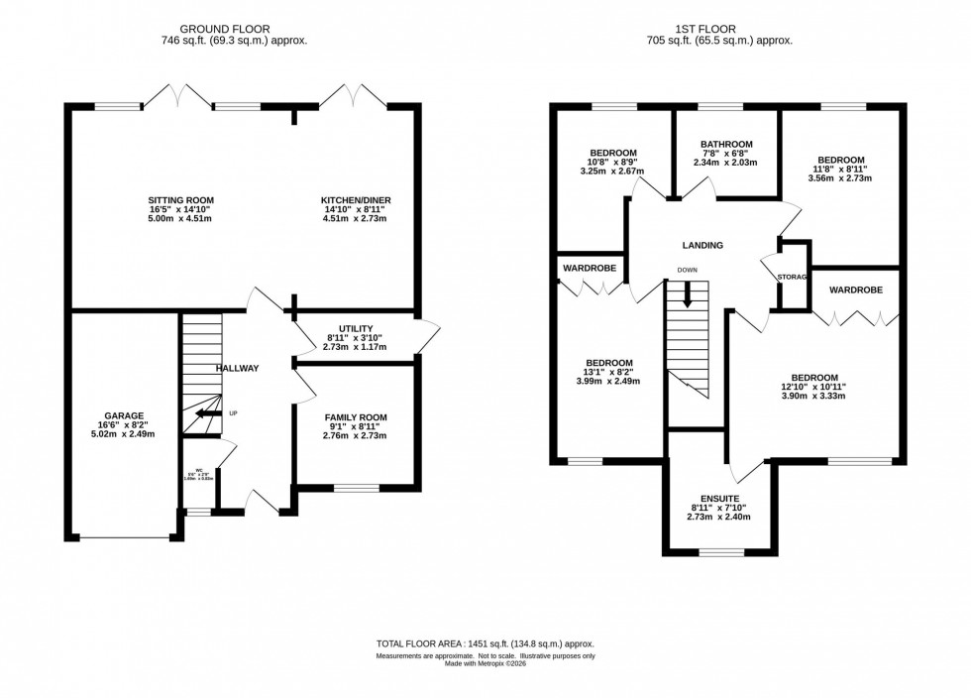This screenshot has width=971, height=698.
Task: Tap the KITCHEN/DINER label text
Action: coord(355,200)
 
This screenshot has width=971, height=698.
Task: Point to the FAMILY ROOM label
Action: coord(356,417)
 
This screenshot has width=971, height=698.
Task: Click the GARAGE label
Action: coord(125,416)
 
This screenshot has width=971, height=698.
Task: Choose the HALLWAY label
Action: coord(237,369)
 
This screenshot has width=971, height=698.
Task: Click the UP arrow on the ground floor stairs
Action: coord(208,413)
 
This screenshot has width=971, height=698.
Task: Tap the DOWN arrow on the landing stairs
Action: coord(687,293)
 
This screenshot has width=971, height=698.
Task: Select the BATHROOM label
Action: coord(725,144)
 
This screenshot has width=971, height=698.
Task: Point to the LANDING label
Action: coord(702,245)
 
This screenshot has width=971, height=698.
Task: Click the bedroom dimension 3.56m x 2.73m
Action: coord(840,179)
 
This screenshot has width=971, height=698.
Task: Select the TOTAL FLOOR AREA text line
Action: coord(485,643)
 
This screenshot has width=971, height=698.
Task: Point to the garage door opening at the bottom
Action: coord(125,537)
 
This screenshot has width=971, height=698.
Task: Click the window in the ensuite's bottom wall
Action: coord(720,550)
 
